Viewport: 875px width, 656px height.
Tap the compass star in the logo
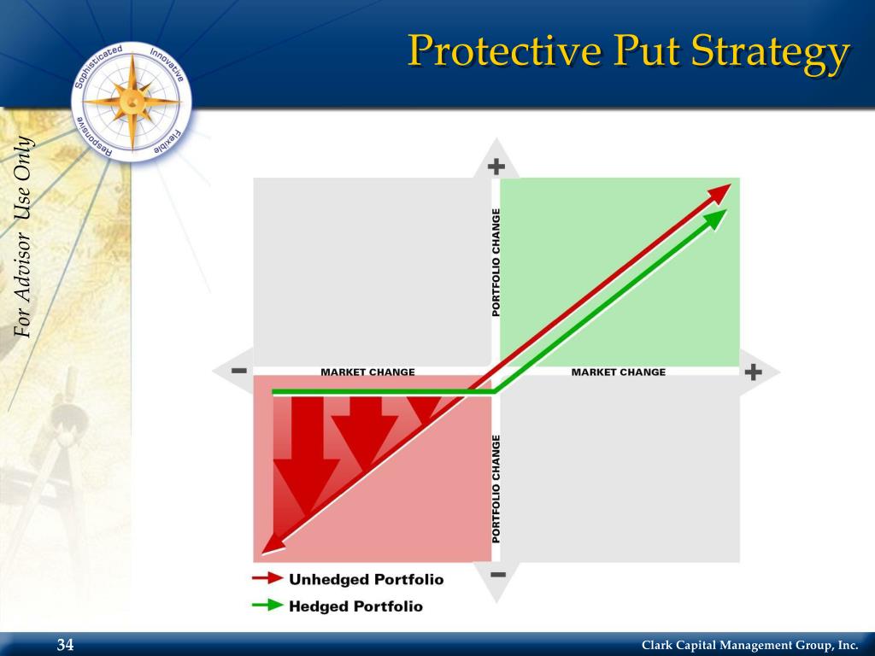(133, 101)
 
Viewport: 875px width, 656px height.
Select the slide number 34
(66, 644)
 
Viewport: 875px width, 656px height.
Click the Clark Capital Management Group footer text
(749, 645)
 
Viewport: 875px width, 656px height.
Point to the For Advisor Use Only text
(24, 237)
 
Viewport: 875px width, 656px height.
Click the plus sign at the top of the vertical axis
(496, 167)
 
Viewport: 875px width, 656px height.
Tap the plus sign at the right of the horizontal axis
(753, 372)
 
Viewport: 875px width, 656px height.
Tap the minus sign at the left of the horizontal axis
(238, 372)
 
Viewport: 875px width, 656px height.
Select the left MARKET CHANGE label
(367, 372)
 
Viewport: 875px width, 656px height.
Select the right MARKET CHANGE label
(618, 372)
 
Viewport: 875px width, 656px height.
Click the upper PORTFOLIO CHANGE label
(496, 262)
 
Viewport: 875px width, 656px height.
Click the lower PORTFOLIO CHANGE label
(496, 488)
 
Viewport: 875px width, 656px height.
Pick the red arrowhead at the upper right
(720, 192)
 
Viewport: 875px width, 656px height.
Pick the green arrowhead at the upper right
(716, 219)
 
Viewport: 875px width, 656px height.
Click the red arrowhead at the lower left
(271, 543)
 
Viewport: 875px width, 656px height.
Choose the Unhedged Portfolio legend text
(366, 579)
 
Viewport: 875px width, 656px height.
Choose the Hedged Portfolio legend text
(355, 606)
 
